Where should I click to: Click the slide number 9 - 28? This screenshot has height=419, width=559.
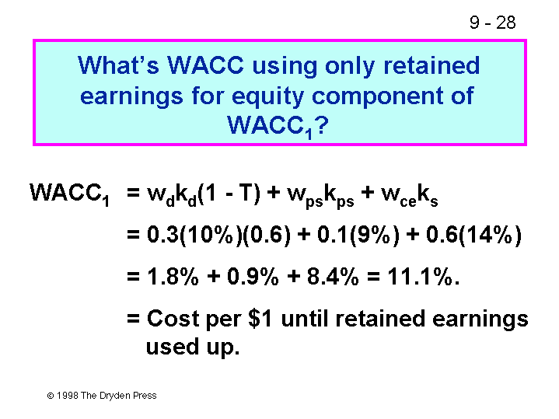point(492,23)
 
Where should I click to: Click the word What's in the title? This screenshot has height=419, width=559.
point(118,65)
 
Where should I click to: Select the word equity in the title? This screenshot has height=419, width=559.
point(268,96)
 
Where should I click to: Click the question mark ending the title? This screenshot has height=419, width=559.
point(321,125)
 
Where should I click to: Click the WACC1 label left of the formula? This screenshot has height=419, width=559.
point(69,194)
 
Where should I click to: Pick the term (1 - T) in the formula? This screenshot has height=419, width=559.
point(229,194)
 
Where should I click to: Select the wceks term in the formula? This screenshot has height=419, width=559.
point(409,195)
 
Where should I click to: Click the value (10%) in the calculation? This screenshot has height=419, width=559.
point(211,236)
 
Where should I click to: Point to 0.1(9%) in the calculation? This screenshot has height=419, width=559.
point(358,236)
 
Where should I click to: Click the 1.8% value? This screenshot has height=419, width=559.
point(173,277)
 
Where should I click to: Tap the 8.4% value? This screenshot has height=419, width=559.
point(333,277)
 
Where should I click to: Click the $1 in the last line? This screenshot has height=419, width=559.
point(260,319)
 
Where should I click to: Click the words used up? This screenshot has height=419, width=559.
point(193,347)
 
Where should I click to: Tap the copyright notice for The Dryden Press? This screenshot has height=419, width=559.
point(102,396)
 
